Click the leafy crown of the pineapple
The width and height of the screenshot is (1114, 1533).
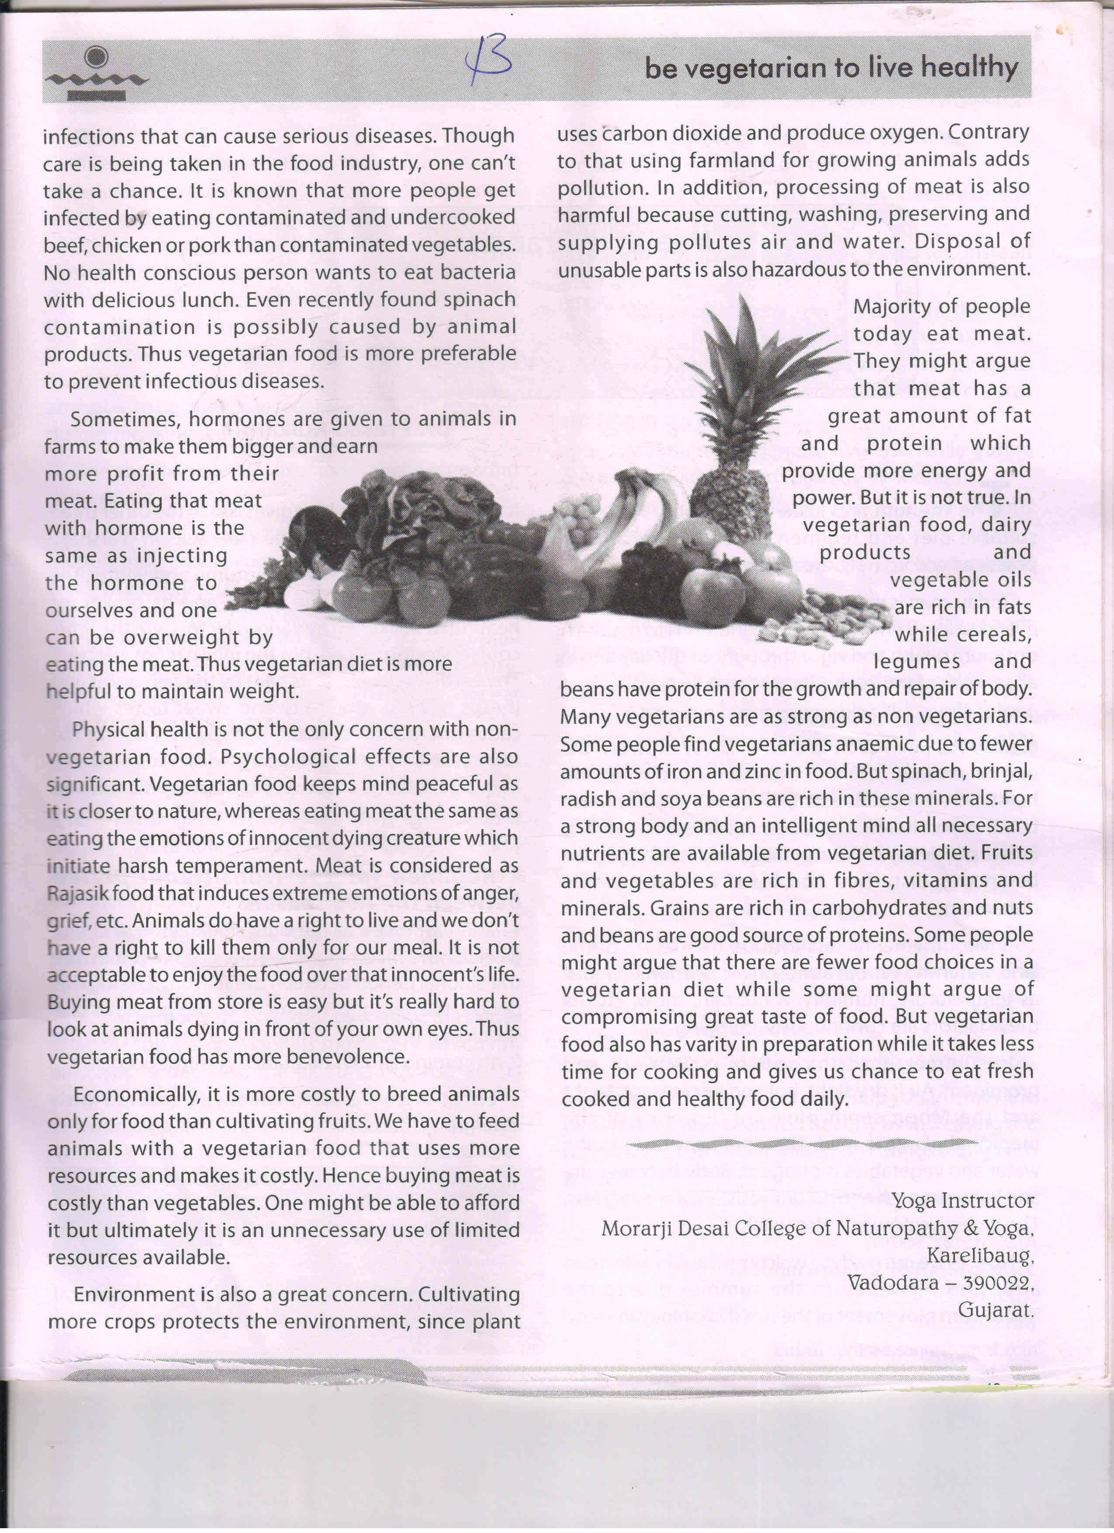coord(750,379)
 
